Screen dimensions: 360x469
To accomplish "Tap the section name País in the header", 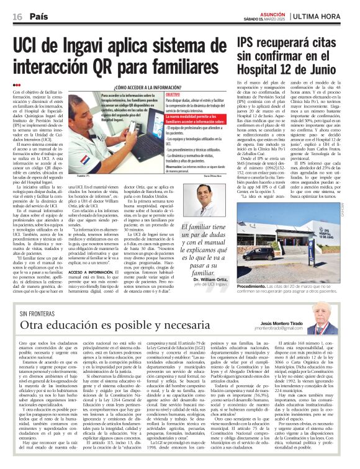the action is point(38,16).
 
